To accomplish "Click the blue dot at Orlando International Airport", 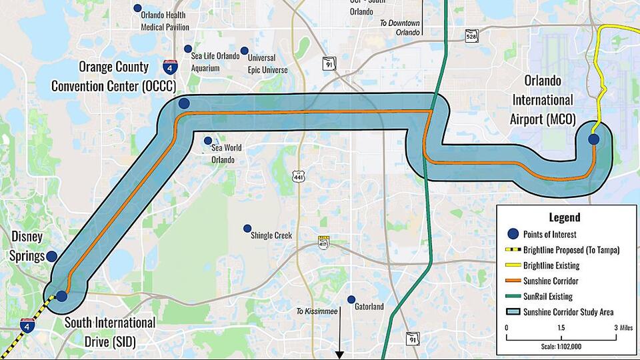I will [593, 139].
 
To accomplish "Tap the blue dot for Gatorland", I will [351, 299].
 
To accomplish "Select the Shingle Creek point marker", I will [247, 228].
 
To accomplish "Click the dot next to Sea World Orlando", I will [208, 141].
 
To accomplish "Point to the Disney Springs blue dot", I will [51, 257].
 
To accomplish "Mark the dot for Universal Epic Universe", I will [245, 51].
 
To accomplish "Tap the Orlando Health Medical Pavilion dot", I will [137, 8].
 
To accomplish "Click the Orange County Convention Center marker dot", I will [184, 103].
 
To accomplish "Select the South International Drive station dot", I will [61, 295].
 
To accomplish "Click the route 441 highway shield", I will [297, 175].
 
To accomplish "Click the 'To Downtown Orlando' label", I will [400, 27].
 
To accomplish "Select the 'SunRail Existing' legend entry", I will [549, 297].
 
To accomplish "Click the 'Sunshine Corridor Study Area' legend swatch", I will [513, 312].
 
